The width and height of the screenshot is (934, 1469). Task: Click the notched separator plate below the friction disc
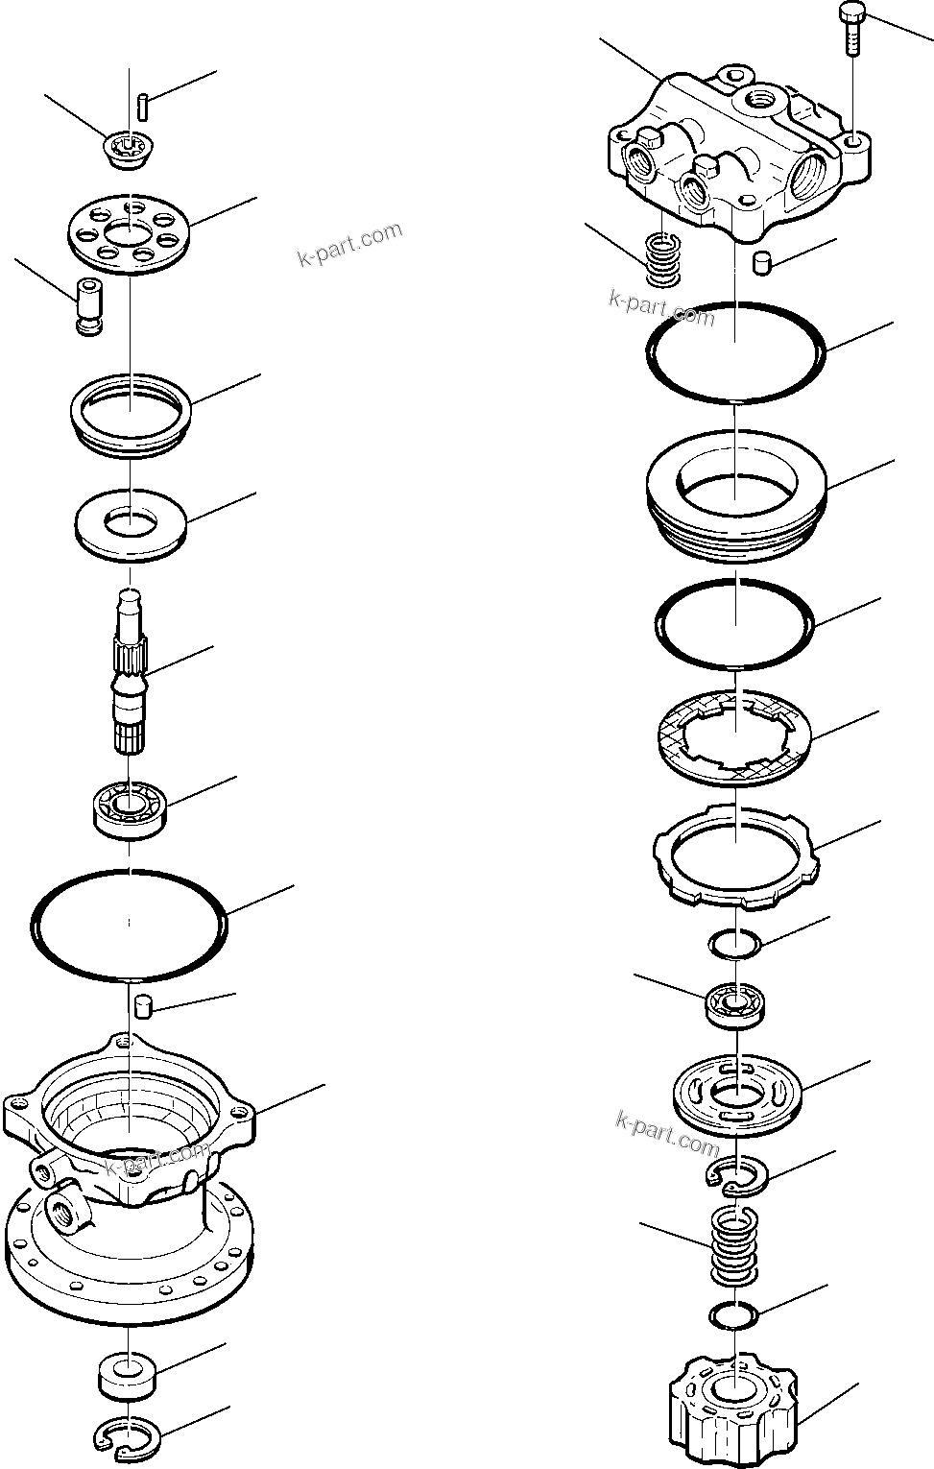pyautogui.click(x=736, y=855)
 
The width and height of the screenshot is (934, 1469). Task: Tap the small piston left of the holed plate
pyautogui.click(x=88, y=306)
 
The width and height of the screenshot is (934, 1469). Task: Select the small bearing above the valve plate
pyautogui.click(x=735, y=1004)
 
